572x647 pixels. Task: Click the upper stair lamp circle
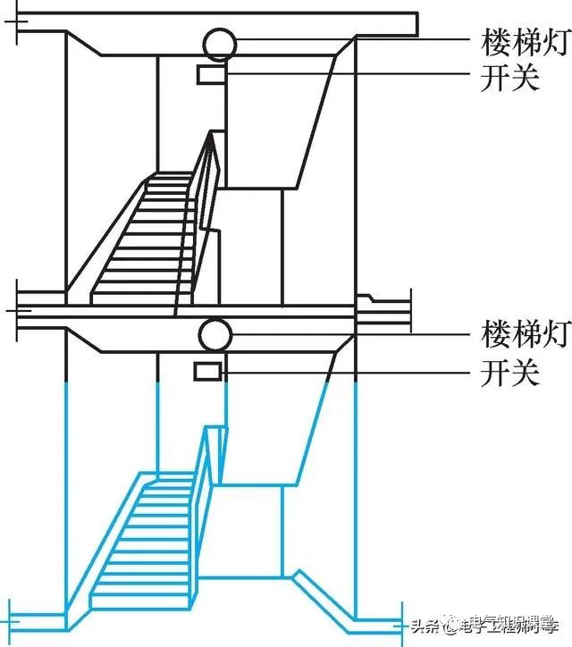tap(218, 43)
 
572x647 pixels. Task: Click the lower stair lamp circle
tap(215, 335)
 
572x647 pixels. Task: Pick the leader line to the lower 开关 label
tap(349, 371)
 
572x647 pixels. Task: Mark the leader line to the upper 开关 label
tap(349, 74)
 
